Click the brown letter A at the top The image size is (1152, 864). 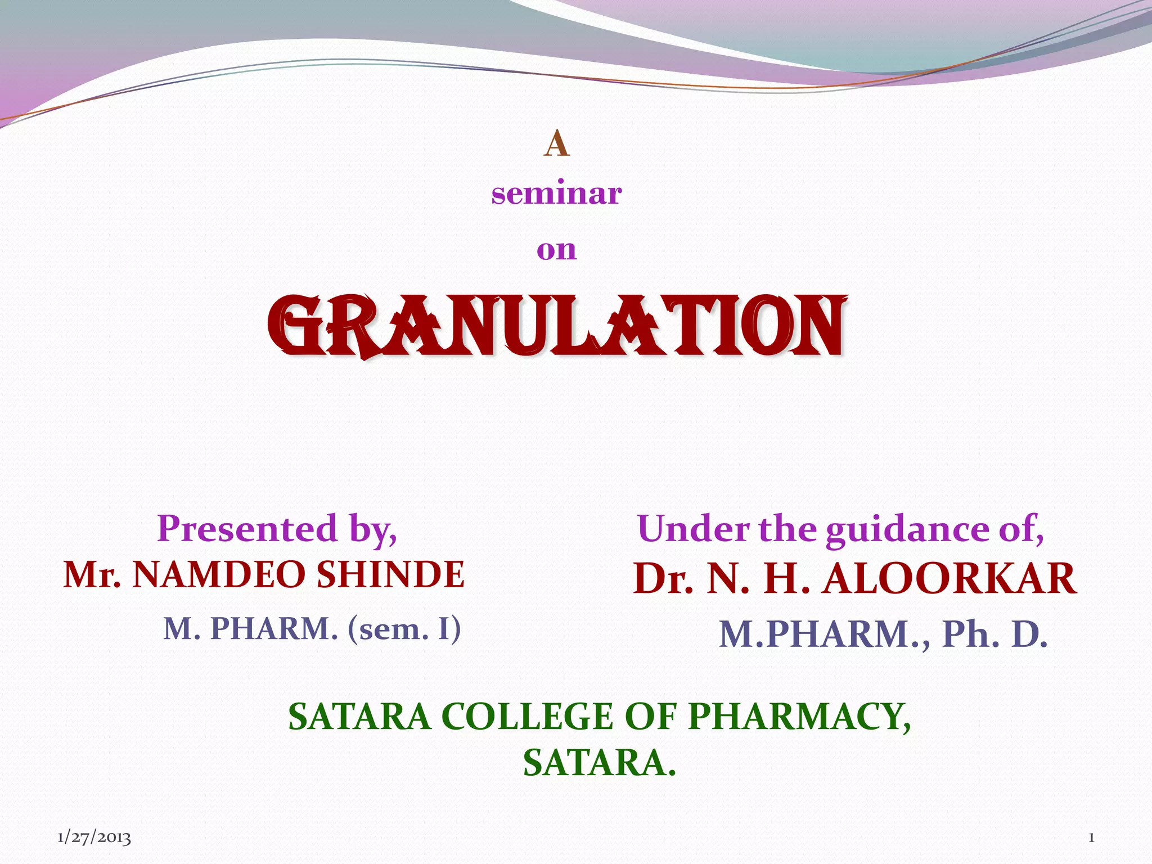coord(556,144)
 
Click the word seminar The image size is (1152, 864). coord(556,193)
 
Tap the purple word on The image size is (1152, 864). coord(556,250)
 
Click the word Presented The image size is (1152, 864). coord(246,529)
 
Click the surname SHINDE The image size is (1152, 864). coord(390,575)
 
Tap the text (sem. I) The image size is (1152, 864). coord(404,629)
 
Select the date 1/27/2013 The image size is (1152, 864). coord(94,838)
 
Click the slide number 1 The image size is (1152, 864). coord(1091,838)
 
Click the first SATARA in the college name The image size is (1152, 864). coord(359,717)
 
